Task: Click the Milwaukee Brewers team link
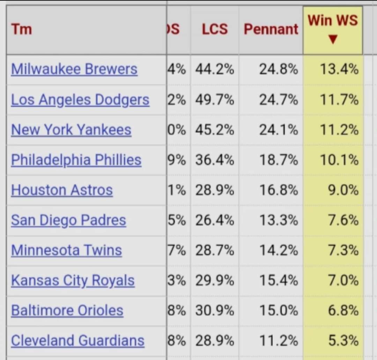click(74, 69)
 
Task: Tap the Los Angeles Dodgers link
click(80, 100)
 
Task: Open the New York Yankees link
click(71, 130)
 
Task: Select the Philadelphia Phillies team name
click(76, 160)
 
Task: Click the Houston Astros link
click(62, 190)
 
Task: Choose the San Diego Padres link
click(68, 220)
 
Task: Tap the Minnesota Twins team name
click(66, 250)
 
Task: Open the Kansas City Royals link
click(73, 280)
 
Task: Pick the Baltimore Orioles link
click(67, 310)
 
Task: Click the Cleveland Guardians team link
click(77, 340)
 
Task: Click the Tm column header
click(22, 29)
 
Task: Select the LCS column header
click(215, 29)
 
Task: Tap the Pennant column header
click(271, 29)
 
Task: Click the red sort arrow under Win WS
click(333, 39)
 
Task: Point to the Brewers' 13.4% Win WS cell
click(339, 69)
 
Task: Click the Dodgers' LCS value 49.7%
click(215, 100)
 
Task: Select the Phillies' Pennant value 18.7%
click(279, 160)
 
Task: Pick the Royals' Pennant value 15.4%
click(279, 280)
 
